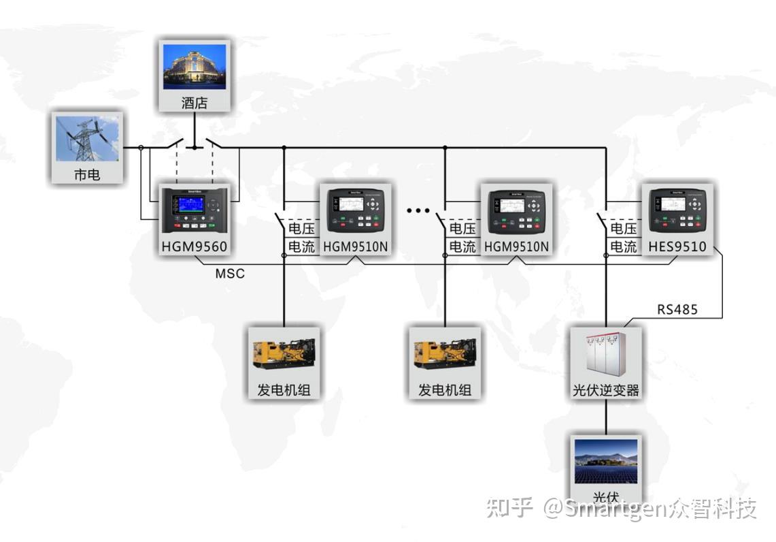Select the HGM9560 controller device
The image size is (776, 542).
(195, 208)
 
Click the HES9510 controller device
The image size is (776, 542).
(677, 209)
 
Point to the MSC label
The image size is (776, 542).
(230, 274)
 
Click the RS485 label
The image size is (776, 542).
(677, 310)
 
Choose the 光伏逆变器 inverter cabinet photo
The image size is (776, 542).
(605, 355)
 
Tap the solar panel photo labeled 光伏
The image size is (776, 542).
(605, 461)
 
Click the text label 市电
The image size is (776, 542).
(87, 174)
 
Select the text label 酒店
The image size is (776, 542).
(195, 103)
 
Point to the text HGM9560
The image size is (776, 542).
(195, 246)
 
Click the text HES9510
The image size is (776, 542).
(677, 246)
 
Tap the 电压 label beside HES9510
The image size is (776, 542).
(623, 228)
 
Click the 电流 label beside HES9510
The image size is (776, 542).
(623, 246)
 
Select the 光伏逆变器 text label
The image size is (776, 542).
(605, 390)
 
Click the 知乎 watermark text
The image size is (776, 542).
(509, 508)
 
